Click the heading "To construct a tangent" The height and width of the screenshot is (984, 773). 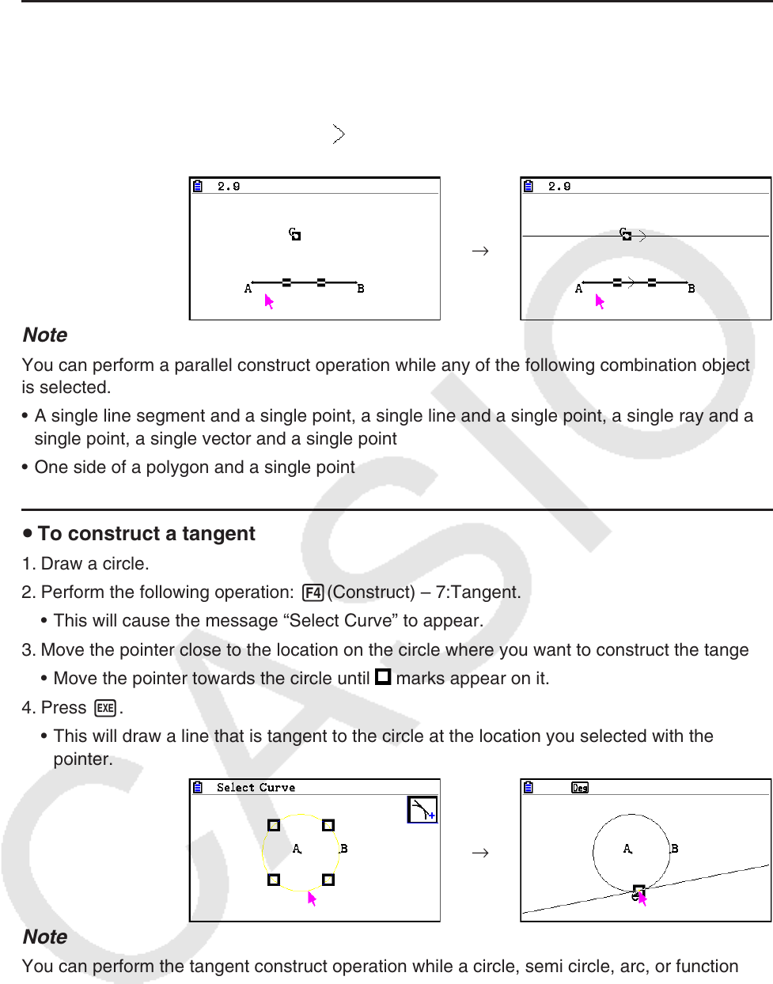click(146, 534)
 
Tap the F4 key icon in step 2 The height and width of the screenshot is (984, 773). click(313, 592)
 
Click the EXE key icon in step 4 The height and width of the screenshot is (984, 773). click(105, 708)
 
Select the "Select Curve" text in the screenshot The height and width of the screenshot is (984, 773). click(256, 788)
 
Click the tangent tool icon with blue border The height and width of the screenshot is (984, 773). click(422, 810)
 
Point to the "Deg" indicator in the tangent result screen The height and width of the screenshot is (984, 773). click(580, 788)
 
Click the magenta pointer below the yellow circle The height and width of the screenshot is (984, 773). click(312, 899)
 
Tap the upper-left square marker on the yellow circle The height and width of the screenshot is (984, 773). click(274, 825)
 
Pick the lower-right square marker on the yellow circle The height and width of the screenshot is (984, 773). click(328, 880)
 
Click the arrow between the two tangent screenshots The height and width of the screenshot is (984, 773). click(479, 853)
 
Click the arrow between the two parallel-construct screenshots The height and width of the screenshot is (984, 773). click(479, 252)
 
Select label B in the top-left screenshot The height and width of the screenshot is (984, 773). click(361, 289)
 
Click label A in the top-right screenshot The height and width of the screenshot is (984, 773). click(578, 289)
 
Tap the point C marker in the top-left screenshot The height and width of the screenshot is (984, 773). click(295, 234)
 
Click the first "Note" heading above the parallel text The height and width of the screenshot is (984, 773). click(45, 335)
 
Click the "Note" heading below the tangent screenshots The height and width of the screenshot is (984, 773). click(45, 937)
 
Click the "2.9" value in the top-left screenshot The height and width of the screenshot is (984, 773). click(229, 187)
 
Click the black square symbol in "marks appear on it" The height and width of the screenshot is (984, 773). click(383, 677)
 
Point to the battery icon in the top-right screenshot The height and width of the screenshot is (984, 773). click(529, 187)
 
